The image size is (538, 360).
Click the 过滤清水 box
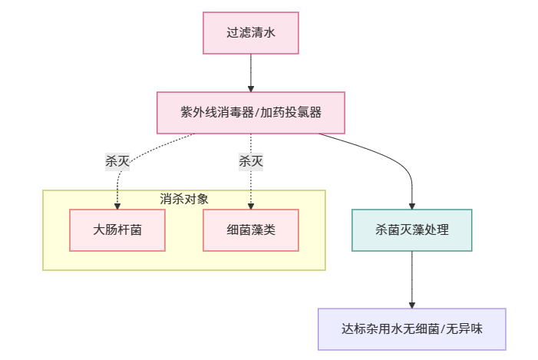[x=251, y=33]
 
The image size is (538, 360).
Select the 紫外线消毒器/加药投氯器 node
[x=251, y=113]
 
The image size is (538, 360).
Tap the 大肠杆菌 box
[x=117, y=230]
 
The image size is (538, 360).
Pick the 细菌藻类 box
[x=251, y=230]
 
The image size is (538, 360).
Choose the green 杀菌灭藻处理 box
[x=412, y=230]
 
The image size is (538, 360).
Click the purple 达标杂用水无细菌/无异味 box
[x=412, y=329]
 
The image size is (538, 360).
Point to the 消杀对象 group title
[x=184, y=199]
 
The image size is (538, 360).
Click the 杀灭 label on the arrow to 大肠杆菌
[x=117, y=161]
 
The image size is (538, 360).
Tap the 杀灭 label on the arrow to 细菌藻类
[x=251, y=161]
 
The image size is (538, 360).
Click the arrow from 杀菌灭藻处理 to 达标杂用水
[x=412, y=278]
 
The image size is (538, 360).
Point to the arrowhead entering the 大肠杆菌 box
[x=117, y=205]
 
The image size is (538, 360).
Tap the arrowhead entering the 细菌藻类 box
[x=251, y=205]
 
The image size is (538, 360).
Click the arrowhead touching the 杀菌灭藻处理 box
[x=412, y=205]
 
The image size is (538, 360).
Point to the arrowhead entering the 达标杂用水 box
[x=412, y=305]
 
